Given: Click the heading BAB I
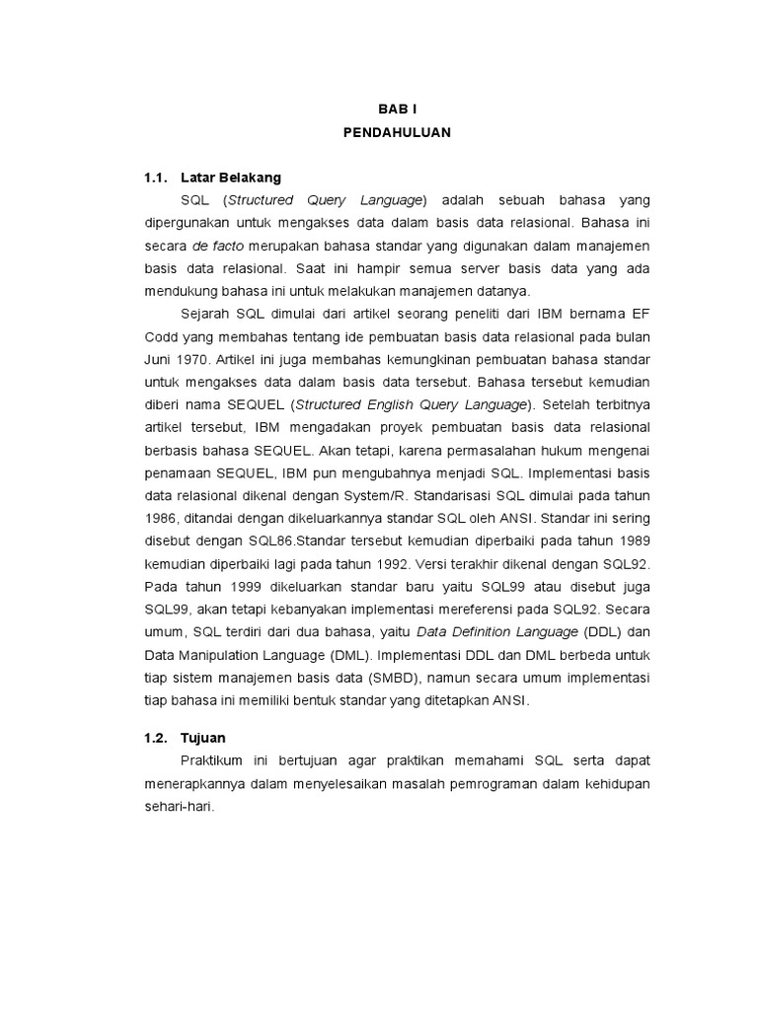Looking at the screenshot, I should click(398, 110).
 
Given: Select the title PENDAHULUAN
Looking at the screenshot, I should click(398, 133).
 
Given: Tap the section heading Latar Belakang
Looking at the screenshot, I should click(232, 178).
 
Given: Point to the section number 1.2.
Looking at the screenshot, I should click(158, 738).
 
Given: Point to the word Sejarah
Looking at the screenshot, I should click(207, 313).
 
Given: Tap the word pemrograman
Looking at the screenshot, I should click(472, 783).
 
